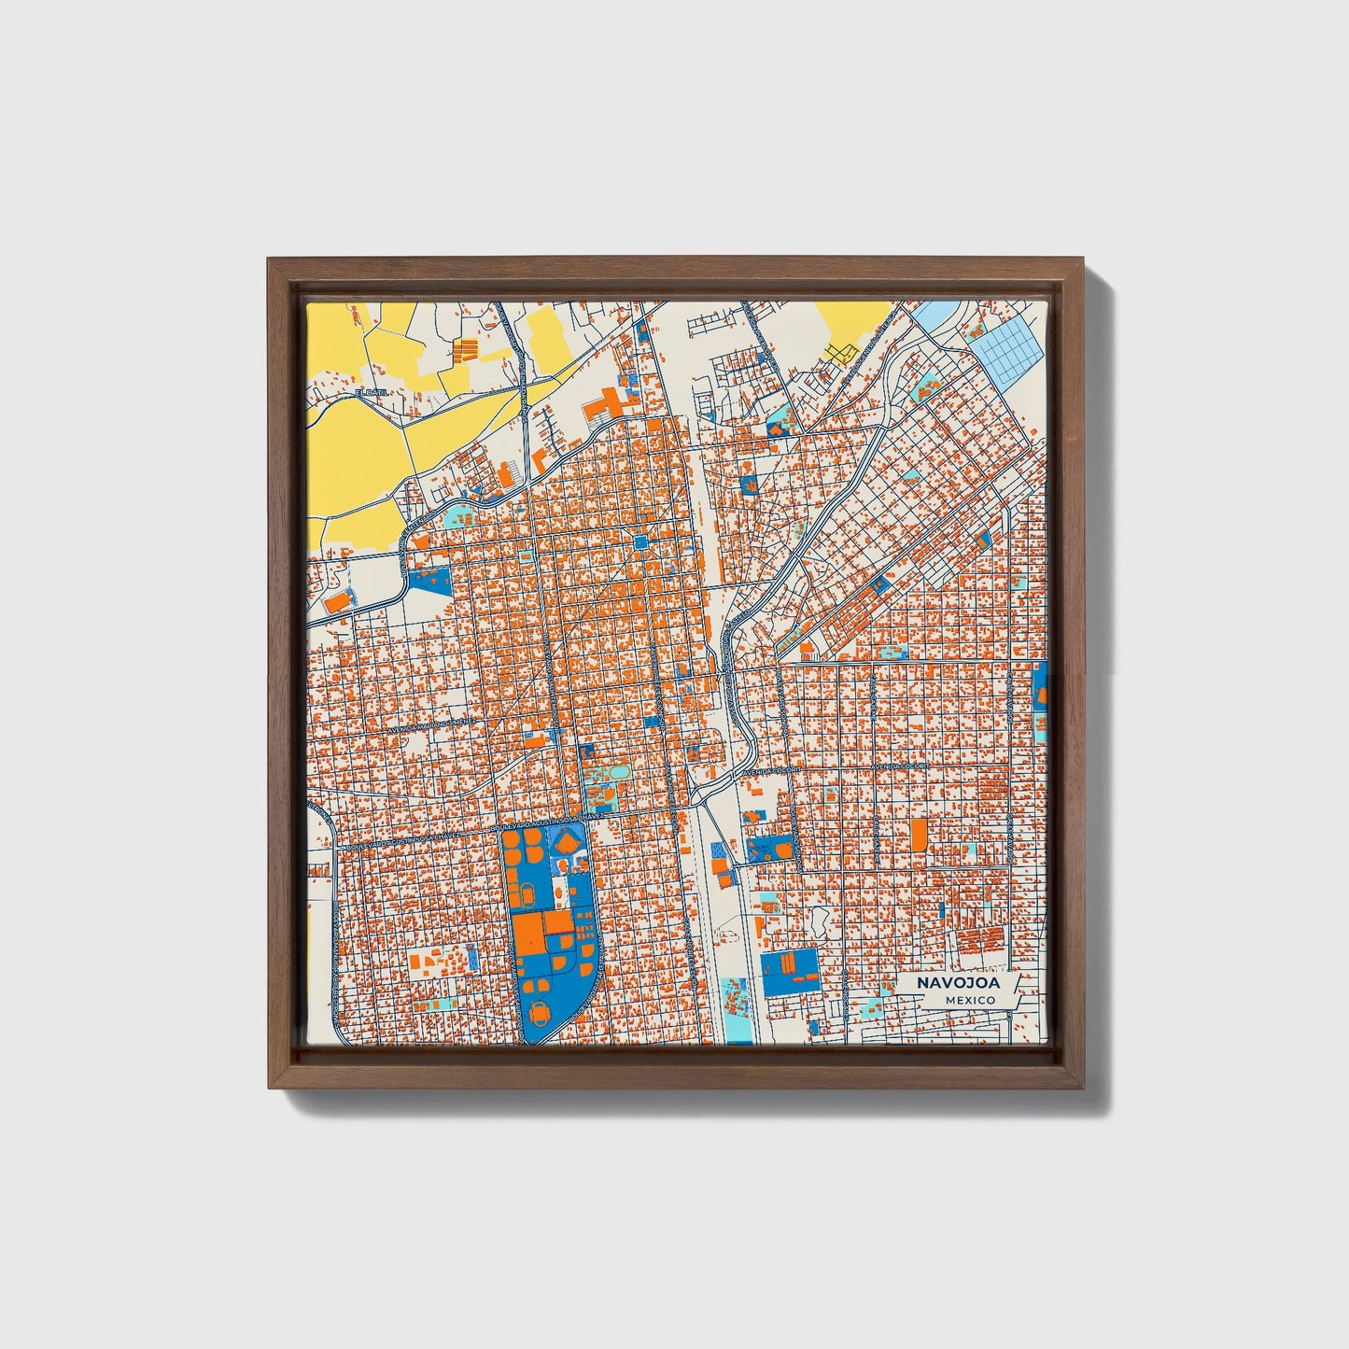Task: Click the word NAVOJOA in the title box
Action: click(x=957, y=983)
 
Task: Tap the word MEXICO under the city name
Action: click(x=969, y=1000)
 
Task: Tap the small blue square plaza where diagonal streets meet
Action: click(x=640, y=542)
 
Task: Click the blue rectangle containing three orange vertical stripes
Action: click(x=789, y=971)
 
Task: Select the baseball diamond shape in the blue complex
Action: click(x=568, y=843)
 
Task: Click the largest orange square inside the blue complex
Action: click(x=528, y=933)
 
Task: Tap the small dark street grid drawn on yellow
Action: click(x=840, y=352)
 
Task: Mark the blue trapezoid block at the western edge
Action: click(x=429, y=580)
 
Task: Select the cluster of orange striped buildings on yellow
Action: click(x=466, y=351)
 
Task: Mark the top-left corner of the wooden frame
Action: click(x=270, y=260)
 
